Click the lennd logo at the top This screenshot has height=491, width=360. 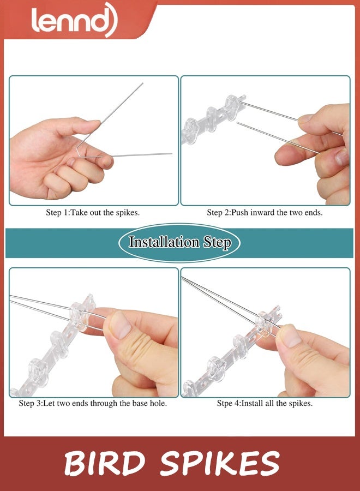click(75, 20)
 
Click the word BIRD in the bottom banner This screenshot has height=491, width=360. click(105, 463)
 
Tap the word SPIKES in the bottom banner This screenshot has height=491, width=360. click(220, 463)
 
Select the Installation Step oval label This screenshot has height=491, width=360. click(179, 242)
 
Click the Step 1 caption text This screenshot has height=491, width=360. click(93, 213)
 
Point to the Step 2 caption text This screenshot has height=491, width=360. click(265, 213)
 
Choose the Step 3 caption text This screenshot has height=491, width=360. click(93, 403)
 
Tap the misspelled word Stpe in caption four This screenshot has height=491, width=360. click(224, 403)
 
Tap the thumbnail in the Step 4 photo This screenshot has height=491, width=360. click(290, 337)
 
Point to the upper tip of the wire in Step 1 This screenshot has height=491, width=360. click(143, 83)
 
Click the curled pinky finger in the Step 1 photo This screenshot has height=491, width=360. click(57, 184)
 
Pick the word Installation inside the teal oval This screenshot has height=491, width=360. click(164, 242)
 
